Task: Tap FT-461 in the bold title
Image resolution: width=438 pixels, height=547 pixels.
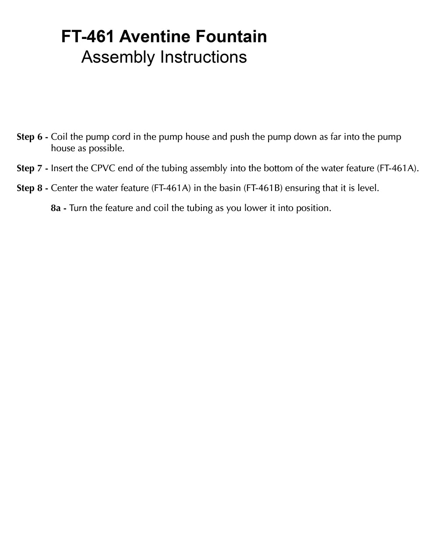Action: click(88, 37)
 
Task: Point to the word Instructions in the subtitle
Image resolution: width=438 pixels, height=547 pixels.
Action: click(203, 57)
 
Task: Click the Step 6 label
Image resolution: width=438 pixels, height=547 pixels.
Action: click(32, 137)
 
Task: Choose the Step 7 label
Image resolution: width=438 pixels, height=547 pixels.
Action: click(32, 168)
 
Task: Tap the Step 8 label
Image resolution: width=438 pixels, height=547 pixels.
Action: click(32, 188)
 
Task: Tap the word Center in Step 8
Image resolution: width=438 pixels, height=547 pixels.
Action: click(64, 188)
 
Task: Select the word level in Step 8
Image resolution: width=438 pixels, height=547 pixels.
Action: click(369, 188)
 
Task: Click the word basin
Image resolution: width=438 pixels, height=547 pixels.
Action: click(229, 188)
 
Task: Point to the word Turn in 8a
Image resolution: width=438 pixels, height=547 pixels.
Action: click(78, 208)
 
